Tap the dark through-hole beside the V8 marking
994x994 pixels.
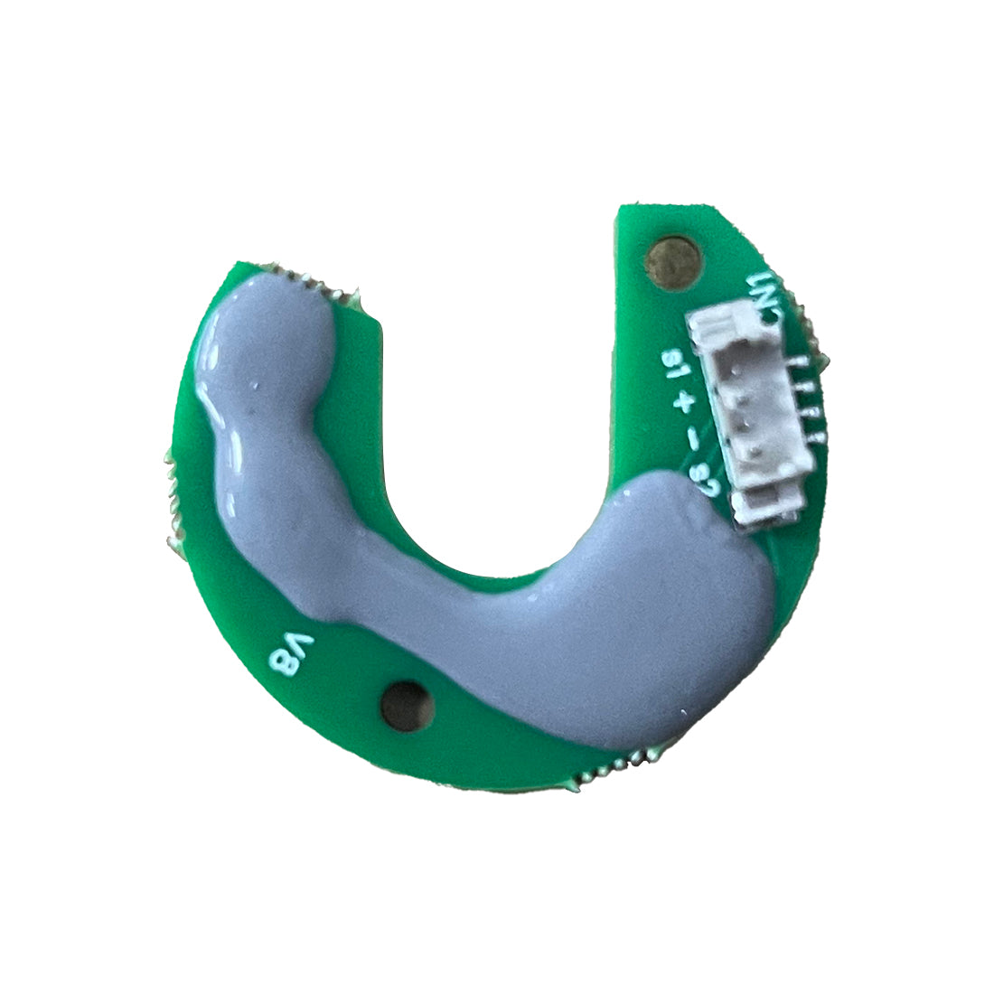coord(406,704)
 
